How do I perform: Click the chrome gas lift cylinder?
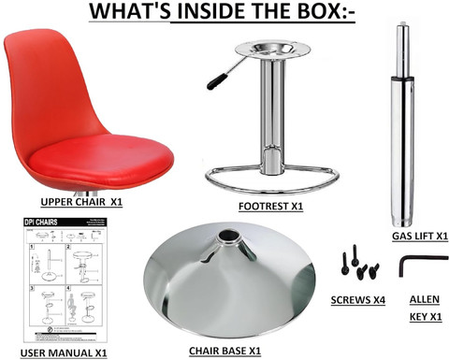point(405,122)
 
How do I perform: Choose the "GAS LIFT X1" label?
point(415,238)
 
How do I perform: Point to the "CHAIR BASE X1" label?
point(227,351)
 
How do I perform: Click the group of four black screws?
point(359,265)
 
